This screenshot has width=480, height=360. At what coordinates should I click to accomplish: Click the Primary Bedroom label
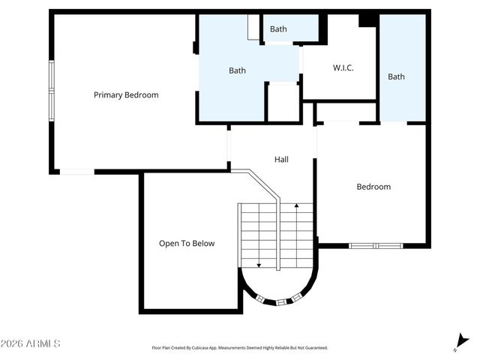(x=126, y=95)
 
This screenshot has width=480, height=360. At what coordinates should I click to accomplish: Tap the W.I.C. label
(x=343, y=68)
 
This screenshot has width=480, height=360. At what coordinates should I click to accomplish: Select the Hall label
(x=281, y=159)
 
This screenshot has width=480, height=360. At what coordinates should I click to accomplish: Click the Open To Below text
(x=187, y=243)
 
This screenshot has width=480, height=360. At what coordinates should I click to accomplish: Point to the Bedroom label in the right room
(x=373, y=187)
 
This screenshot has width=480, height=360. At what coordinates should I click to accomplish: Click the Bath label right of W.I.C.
(x=396, y=76)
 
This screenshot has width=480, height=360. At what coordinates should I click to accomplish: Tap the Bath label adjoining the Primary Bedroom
(x=237, y=70)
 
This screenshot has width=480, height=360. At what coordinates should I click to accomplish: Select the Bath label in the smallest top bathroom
(x=278, y=29)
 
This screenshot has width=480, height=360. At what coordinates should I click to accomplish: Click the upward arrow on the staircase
(x=298, y=205)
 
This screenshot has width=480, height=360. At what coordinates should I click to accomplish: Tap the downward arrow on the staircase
(x=259, y=263)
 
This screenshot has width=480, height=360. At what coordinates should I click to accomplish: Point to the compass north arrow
(x=460, y=342)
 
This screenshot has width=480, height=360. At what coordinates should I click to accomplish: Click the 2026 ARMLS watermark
(x=31, y=343)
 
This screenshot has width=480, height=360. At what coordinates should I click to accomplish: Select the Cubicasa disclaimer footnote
(x=239, y=348)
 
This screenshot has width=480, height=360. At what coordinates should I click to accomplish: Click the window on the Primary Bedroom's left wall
(x=52, y=88)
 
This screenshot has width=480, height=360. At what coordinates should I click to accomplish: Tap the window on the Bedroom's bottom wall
(x=376, y=245)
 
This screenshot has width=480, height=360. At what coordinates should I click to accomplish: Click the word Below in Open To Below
(x=202, y=243)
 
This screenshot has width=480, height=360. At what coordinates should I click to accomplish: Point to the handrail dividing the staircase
(x=278, y=232)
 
